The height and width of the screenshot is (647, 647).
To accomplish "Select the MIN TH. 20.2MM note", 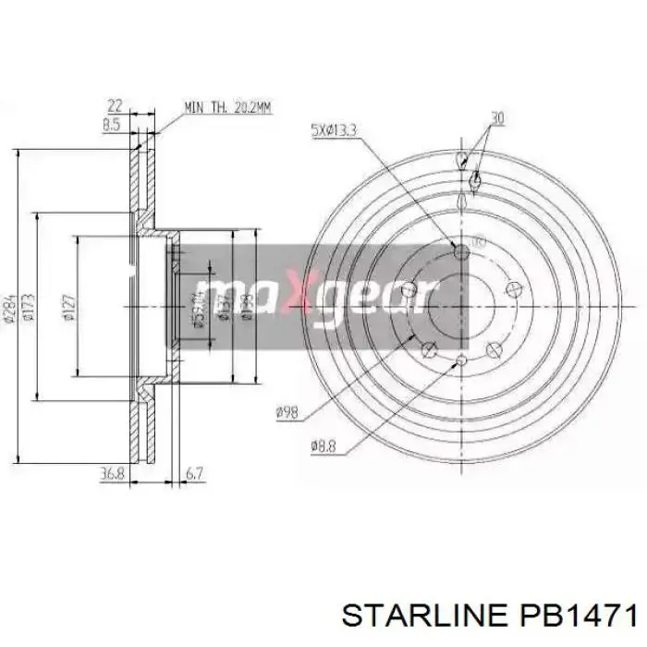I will (x=227, y=108).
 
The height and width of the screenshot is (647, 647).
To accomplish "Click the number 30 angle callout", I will (x=496, y=117).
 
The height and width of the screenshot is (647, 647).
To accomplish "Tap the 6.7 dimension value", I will (x=194, y=475).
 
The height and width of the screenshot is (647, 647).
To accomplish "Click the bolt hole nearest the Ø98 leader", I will (x=428, y=349).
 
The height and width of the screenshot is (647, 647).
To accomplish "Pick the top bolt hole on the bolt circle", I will (x=462, y=250).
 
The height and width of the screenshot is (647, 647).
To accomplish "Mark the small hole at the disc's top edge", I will (x=462, y=159).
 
